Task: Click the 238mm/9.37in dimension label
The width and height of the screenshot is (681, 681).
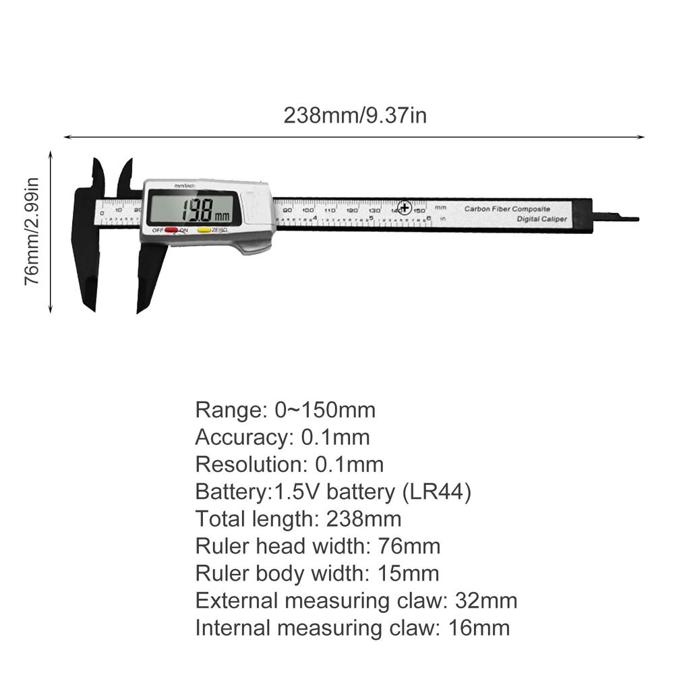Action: pos(355,115)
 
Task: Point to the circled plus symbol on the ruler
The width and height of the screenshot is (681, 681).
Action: pos(405,208)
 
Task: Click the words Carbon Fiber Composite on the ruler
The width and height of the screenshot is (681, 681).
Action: pos(507,209)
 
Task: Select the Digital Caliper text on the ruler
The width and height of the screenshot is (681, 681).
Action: pos(542,220)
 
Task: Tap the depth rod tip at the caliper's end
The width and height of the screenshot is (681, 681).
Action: pos(630,218)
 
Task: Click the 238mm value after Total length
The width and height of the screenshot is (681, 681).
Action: pos(363,519)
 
